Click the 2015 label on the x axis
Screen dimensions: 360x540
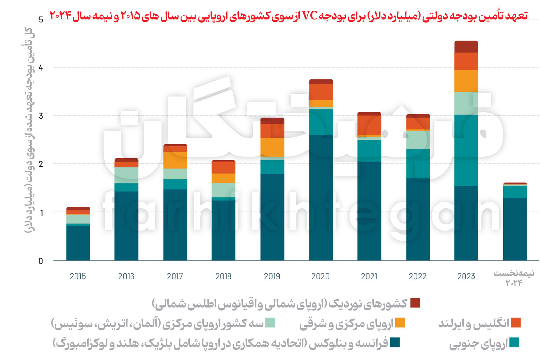click(x=78, y=276)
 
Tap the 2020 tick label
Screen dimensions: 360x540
click(x=321, y=276)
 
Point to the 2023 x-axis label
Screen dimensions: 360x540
click(x=466, y=276)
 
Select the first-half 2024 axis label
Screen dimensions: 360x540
click(x=514, y=278)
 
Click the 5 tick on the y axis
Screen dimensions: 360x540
click(x=41, y=19)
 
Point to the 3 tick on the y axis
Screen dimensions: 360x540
click(x=41, y=116)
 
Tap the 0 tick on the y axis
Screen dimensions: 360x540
click(x=41, y=261)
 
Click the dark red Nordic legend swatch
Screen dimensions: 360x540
click(x=415, y=303)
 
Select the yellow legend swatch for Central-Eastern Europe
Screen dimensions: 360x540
click(x=400, y=322)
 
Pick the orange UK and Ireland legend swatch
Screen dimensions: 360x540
click(x=516, y=322)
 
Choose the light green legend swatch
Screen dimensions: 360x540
click(x=270, y=322)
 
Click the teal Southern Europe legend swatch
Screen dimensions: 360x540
click(x=514, y=342)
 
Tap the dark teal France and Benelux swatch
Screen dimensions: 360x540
click(x=395, y=342)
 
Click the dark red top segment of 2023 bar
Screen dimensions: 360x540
click(x=466, y=47)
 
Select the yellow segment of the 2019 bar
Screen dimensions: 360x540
click(x=272, y=147)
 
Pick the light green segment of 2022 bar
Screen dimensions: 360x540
click(x=418, y=140)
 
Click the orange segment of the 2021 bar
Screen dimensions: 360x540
click(x=369, y=125)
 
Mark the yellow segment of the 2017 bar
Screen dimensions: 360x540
click(x=175, y=160)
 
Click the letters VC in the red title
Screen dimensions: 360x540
click(x=310, y=15)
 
